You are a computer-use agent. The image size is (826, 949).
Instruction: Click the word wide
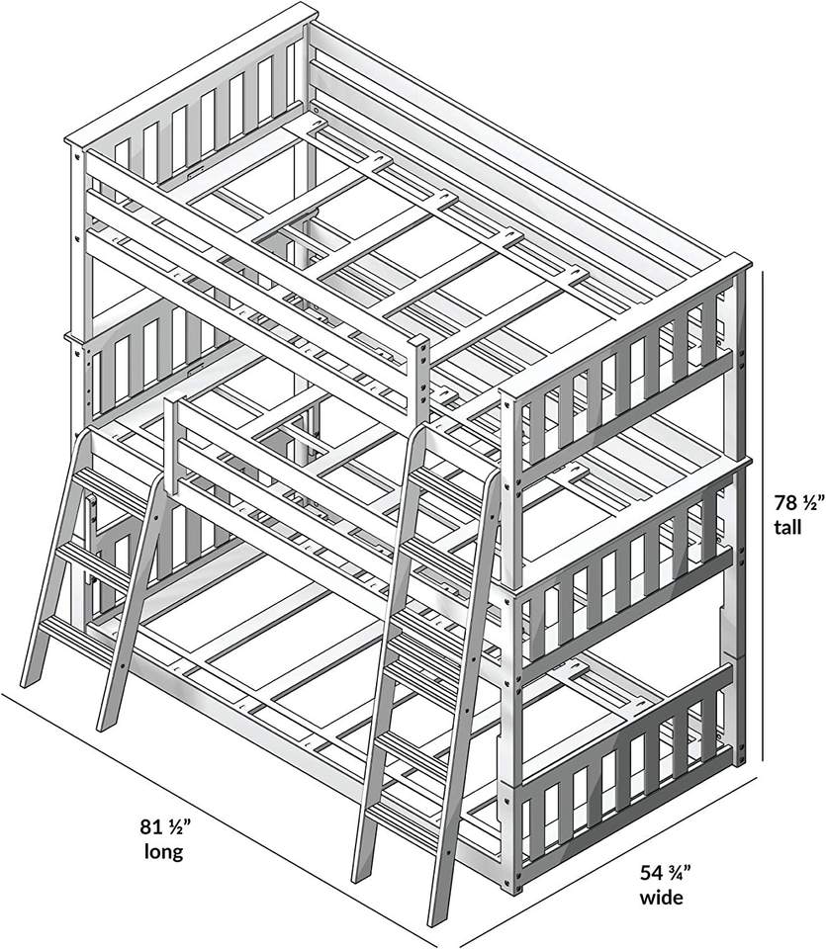[x=660, y=898]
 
